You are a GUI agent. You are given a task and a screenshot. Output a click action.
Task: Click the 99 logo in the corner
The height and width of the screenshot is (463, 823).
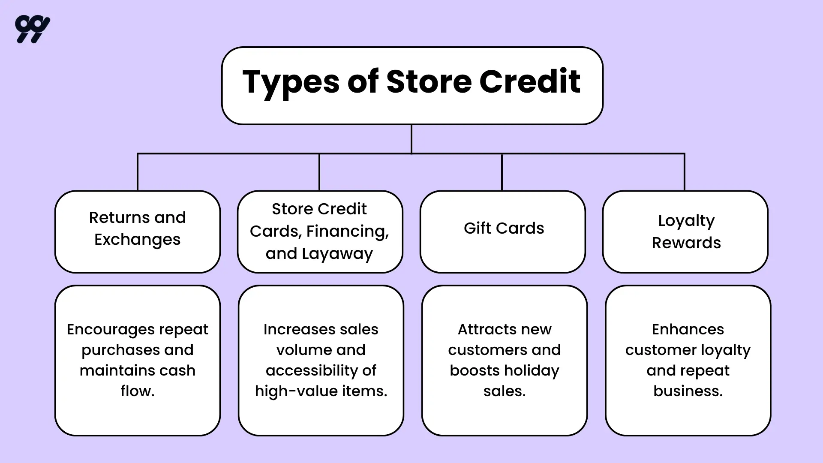(32, 29)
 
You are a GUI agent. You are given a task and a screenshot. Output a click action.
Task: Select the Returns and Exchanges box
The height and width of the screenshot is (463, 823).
(138, 231)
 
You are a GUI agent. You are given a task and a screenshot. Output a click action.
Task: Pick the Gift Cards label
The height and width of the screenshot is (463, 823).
(504, 228)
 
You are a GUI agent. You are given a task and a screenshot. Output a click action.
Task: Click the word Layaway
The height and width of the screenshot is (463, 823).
(337, 254)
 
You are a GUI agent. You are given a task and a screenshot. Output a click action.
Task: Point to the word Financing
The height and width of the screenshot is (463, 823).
(347, 231)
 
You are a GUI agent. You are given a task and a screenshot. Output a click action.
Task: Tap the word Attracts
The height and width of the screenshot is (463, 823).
(483, 329)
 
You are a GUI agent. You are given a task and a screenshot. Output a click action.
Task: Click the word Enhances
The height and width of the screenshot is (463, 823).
(688, 329)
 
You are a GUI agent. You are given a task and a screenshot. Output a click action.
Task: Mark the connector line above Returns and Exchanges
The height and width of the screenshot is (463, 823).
(138, 171)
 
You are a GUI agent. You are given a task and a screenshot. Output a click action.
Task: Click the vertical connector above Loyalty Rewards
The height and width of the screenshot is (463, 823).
(684, 171)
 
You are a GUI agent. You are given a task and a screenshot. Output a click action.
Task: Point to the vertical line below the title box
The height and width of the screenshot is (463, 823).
(411, 138)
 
